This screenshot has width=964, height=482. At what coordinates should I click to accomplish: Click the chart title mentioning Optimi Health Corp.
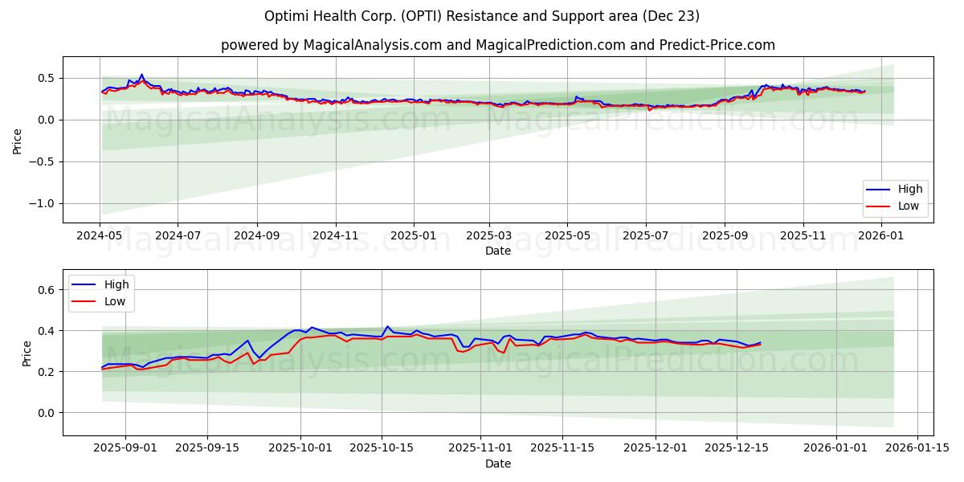482,16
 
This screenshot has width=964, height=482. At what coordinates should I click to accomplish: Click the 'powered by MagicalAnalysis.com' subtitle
498,45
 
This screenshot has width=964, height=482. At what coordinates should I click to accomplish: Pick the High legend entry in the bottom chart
117,284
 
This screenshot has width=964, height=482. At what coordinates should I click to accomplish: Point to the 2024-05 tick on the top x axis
100,236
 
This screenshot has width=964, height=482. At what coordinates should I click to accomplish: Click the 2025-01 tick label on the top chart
414,236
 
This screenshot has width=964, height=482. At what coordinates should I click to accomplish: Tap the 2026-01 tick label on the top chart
881,236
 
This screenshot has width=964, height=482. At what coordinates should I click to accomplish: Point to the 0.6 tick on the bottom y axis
46,290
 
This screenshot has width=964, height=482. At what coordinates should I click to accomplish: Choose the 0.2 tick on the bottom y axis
46,372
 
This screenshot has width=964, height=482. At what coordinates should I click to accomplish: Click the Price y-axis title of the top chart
18,140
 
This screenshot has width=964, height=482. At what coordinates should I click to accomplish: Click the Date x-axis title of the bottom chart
498,464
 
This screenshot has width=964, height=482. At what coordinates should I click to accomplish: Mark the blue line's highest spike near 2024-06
141,75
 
